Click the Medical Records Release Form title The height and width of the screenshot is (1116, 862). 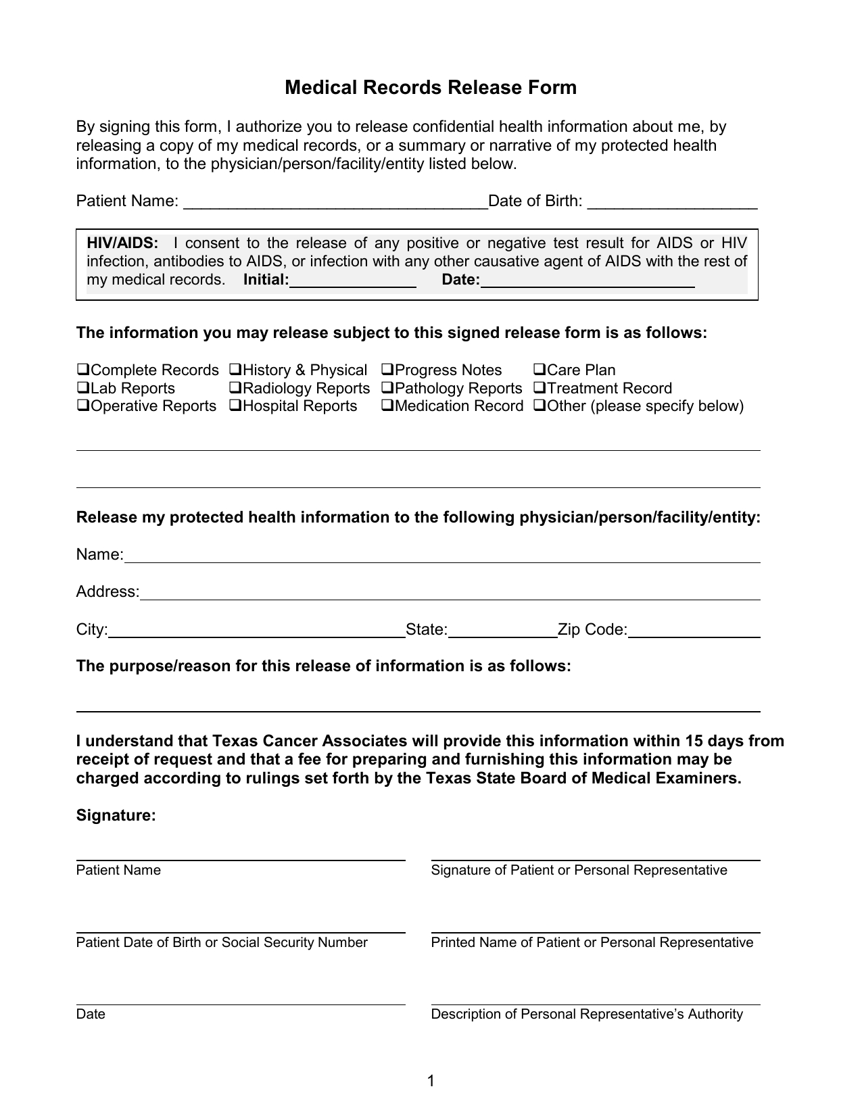pyautogui.click(x=431, y=88)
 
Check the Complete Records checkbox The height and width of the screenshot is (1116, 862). pyautogui.click(x=83, y=370)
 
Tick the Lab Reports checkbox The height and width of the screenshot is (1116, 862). pyautogui.click(x=83, y=389)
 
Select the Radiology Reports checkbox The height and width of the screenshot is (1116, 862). pyautogui.click(x=235, y=389)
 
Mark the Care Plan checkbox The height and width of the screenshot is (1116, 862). pyautogui.click(x=540, y=370)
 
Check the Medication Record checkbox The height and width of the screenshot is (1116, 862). pyautogui.click(x=387, y=406)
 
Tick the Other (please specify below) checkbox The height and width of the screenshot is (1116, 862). pyautogui.click(x=540, y=406)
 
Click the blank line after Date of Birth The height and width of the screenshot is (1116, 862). pyautogui.click(x=673, y=203)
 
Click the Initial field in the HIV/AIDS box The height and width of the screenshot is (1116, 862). pyautogui.click(x=352, y=281)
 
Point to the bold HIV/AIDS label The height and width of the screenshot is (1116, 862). pyautogui.click(x=122, y=243)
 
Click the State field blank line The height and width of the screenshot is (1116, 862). pyautogui.click(x=502, y=631)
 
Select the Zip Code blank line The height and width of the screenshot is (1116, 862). pyautogui.click(x=694, y=631)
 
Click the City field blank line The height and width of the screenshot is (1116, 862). pyautogui.click(x=257, y=631)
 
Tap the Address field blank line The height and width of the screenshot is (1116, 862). pyautogui.click(x=450, y=593)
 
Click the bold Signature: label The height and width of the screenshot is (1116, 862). pyautogui.click(x=116, y=816)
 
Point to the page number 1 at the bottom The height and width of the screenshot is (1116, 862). pyautogui.click(x=431, y=1081)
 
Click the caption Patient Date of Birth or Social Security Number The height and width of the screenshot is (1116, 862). pyautogui.click(x=222, y=943)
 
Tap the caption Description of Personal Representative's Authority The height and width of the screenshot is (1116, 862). pyautogui.click(x=587, y=1015)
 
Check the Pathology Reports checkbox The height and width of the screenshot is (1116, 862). pyautogui.click(x=387, y=389)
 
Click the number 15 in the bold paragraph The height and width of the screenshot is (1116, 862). pyautogui.click(x=694, y=742)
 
